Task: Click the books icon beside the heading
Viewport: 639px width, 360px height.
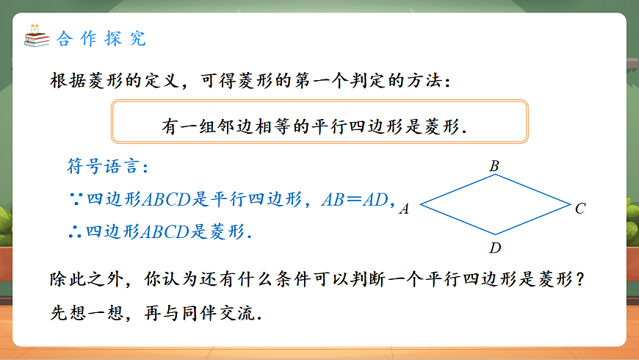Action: click(x=35, y=36)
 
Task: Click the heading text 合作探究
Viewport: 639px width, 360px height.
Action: click(x=101, y=39)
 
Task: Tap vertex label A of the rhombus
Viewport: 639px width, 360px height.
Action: click(x=404, y=209)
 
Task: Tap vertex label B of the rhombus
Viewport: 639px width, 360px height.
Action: click(x=494, y=167)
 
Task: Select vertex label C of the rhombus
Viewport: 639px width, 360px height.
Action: click(x=580, y=209)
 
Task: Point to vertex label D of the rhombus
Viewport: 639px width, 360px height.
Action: click(x=495, y=248)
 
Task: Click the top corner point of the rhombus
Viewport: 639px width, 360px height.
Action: click(x=495, y=177)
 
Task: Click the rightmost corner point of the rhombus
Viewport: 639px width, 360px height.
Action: click(x=570, y=204)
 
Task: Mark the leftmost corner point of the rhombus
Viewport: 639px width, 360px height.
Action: click(x=419, y=204)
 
